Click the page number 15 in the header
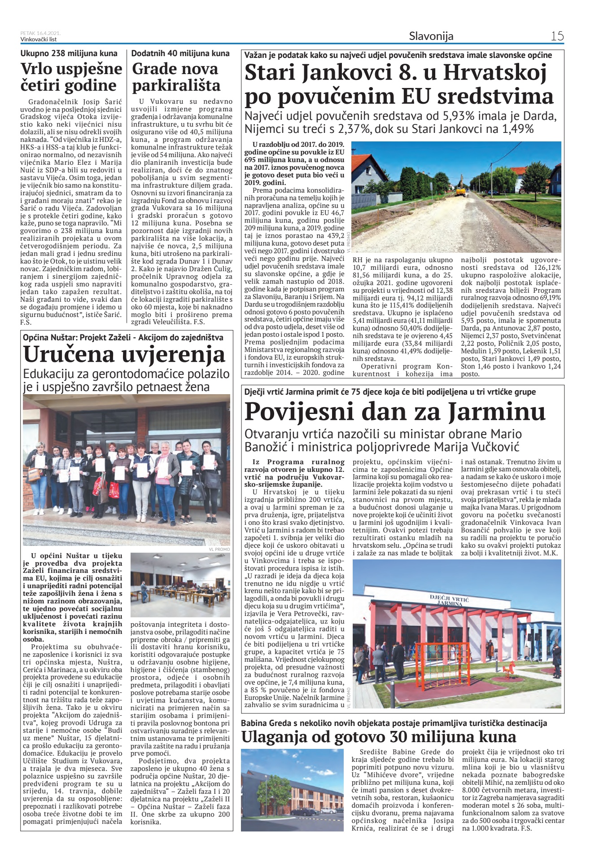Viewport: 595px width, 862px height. [x=557, y=36]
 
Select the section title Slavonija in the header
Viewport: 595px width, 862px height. [x=431, y=36]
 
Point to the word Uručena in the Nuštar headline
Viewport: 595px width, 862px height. [x=67, y=354]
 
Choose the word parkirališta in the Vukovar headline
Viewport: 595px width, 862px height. [x=176, y=85]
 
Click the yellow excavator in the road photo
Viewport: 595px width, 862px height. [x=460, y=190]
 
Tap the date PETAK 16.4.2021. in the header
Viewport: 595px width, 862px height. [x=40, y=33]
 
